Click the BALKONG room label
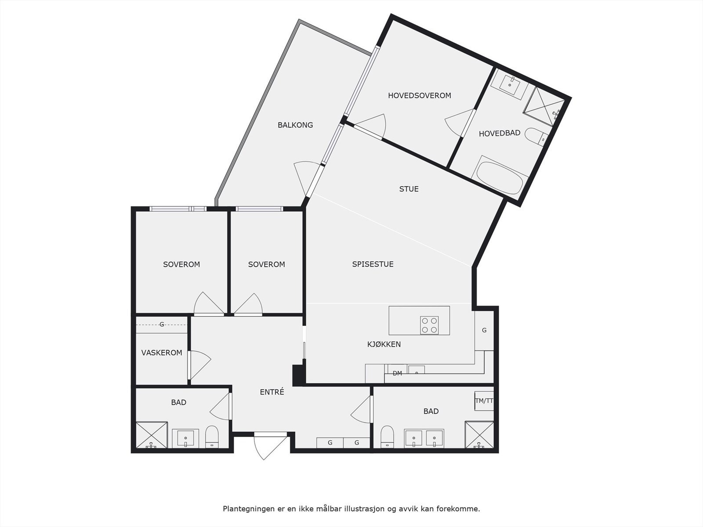295,125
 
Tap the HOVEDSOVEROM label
419,96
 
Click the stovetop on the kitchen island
429,325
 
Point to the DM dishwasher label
397,374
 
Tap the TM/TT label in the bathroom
484,401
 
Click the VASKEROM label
162,353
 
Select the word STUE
409,189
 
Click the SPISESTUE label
373,264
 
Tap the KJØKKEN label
384,344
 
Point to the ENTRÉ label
272,392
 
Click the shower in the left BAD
152,435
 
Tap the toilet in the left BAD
212,437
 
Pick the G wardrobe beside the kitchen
484,331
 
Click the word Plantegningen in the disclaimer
247,509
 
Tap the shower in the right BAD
479,435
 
